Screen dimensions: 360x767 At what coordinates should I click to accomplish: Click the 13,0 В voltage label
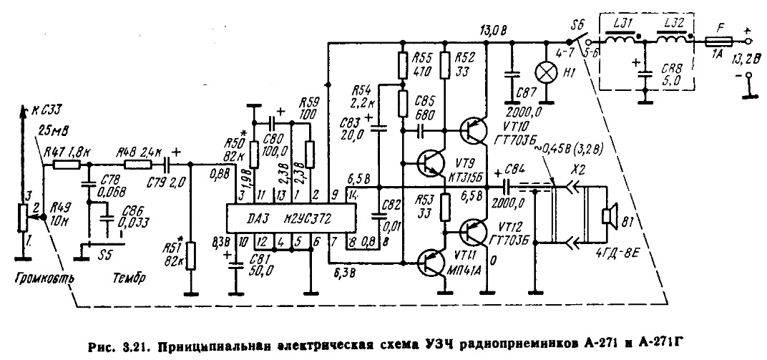point(491,32)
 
